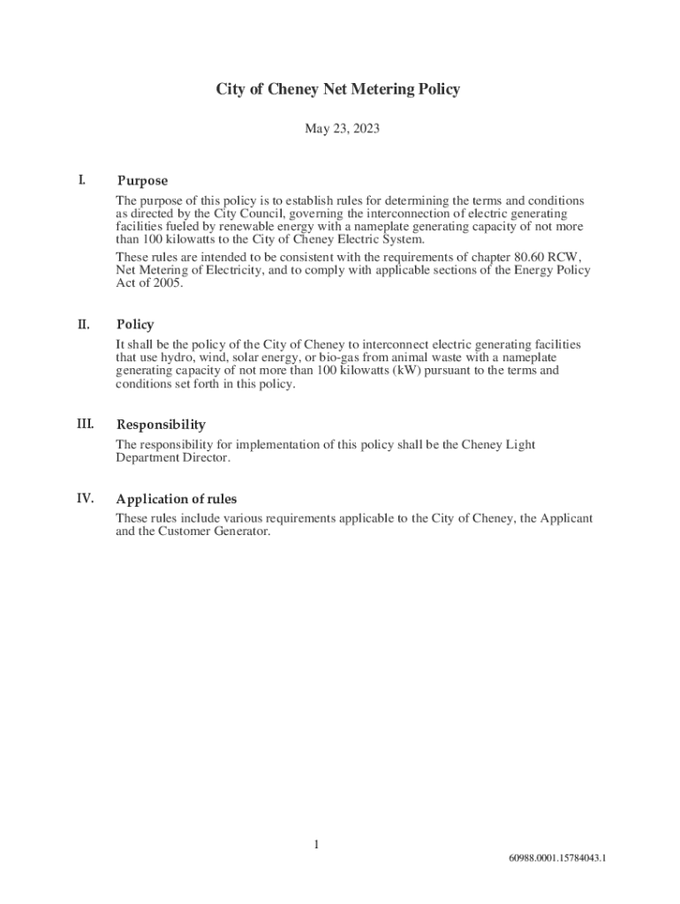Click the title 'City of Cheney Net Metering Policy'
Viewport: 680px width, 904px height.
pos(339,89)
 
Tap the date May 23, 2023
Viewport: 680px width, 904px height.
pos(342,129)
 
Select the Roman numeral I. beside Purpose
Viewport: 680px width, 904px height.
pos(81,180)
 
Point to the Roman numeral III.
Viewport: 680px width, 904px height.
pos(85,424)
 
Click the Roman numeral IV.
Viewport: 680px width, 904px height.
pos(85,498)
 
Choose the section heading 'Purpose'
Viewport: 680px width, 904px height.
pos(142,181)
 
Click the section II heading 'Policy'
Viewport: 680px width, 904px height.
pos(135,325)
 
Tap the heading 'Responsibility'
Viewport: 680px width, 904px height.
pos(161,425)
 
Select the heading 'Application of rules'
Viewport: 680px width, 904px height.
pos(177,499)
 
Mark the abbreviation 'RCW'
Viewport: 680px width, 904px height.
pos(563,257)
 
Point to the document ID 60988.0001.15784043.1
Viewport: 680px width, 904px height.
pos(556,858)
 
